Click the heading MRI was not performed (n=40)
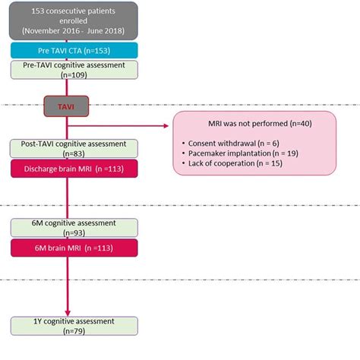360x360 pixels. point(248,124)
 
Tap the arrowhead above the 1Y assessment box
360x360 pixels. point(69,312)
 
